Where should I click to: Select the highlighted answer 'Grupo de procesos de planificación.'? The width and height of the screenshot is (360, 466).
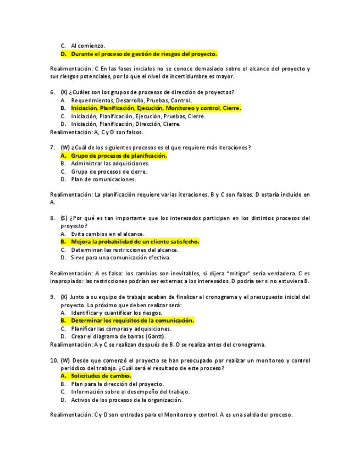coord(119,156)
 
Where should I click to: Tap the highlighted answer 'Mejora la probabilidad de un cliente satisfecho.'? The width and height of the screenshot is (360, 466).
coord(135,241)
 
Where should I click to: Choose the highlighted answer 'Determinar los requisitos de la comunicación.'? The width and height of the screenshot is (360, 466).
coord(132,320)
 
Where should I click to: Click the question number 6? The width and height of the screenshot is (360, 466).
coord(52,92)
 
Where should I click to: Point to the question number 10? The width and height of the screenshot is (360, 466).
coord(54,360)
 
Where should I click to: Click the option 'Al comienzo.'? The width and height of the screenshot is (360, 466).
coord(88,46)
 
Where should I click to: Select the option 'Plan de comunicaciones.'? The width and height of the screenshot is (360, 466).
coord(103,179)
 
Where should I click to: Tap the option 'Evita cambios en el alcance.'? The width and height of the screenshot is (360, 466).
coord(108,234)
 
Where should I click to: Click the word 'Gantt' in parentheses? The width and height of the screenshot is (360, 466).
coord(154,336)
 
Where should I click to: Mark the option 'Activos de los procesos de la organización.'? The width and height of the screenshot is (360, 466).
coord(127,400)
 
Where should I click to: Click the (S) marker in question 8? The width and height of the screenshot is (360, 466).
coord(64,218)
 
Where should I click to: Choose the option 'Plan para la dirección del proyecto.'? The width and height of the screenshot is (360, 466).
coord(118,384)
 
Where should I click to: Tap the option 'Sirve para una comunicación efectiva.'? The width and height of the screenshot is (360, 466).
coord(120,257)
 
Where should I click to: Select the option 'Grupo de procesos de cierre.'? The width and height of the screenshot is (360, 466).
coord(109,171)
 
